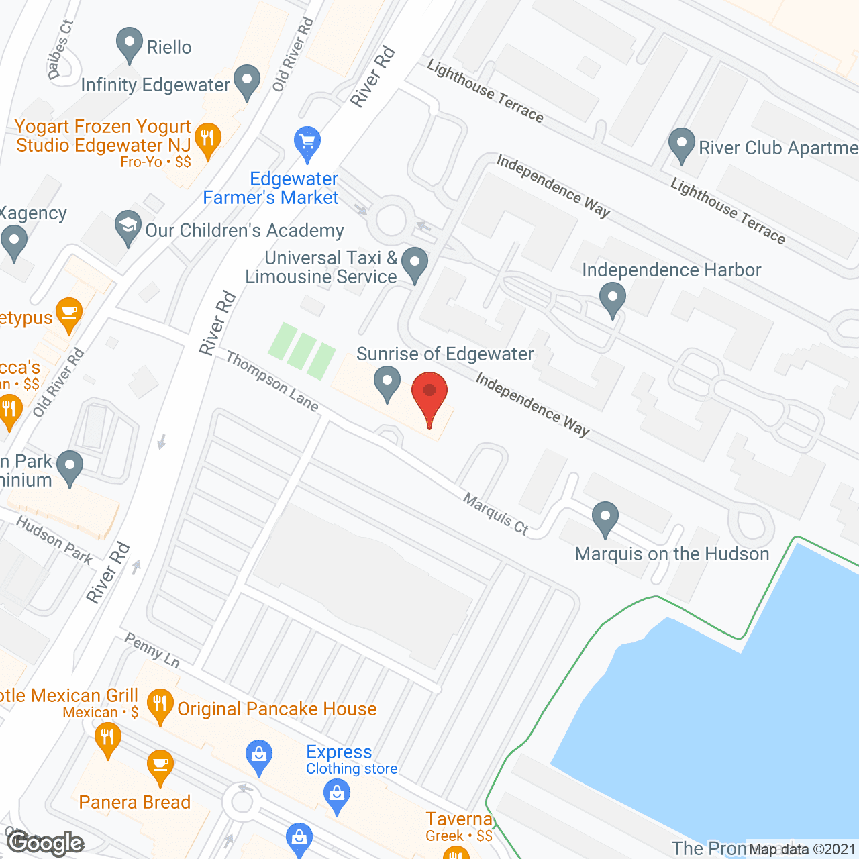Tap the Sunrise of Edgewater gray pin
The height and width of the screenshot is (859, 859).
[x=387, y=383]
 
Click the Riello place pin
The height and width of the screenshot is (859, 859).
[x=129, y=44]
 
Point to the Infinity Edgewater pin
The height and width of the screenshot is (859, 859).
[x=247, y=81]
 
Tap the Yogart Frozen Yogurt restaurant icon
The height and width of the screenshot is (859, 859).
[x=207, y=140]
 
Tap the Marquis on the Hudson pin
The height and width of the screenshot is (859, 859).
[x=605, y=518]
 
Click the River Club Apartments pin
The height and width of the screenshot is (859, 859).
[x=682, y=144]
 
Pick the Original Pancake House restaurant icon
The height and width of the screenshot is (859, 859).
[x=160, y=705]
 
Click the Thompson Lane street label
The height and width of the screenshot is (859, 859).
[x=272, y=381]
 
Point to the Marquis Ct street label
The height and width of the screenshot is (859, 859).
[x=496, y=514]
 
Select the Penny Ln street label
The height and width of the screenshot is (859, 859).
[x=152, y=650]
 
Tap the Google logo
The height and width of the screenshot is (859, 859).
[x=45, y=843]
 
